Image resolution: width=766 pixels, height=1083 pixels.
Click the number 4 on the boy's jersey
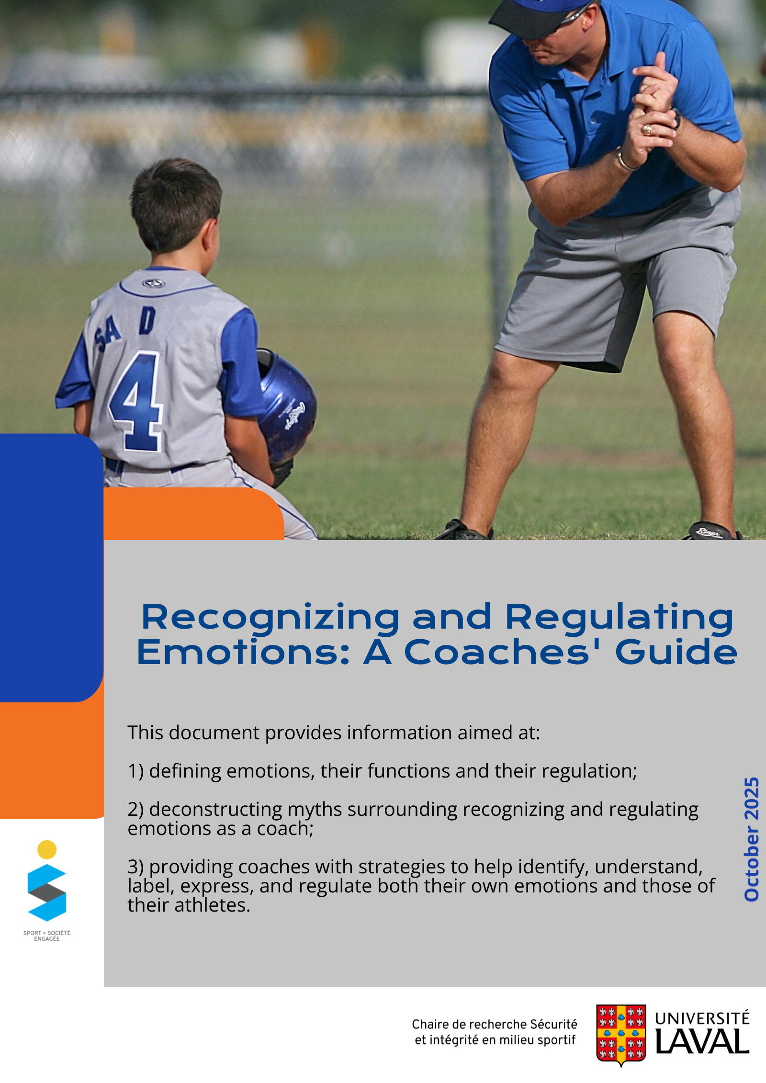136,401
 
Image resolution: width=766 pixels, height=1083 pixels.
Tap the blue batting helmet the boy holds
286,407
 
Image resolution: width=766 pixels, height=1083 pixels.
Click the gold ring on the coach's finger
647,129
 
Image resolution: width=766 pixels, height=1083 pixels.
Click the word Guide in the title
676,652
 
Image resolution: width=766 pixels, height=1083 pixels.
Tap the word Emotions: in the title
244,652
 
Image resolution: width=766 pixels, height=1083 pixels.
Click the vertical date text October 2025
751,839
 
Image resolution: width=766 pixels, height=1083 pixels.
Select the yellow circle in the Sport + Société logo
47,850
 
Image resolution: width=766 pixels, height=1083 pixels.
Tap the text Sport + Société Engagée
47,936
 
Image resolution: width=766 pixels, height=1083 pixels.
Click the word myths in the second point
315,810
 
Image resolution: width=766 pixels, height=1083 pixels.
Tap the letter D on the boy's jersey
147,320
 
